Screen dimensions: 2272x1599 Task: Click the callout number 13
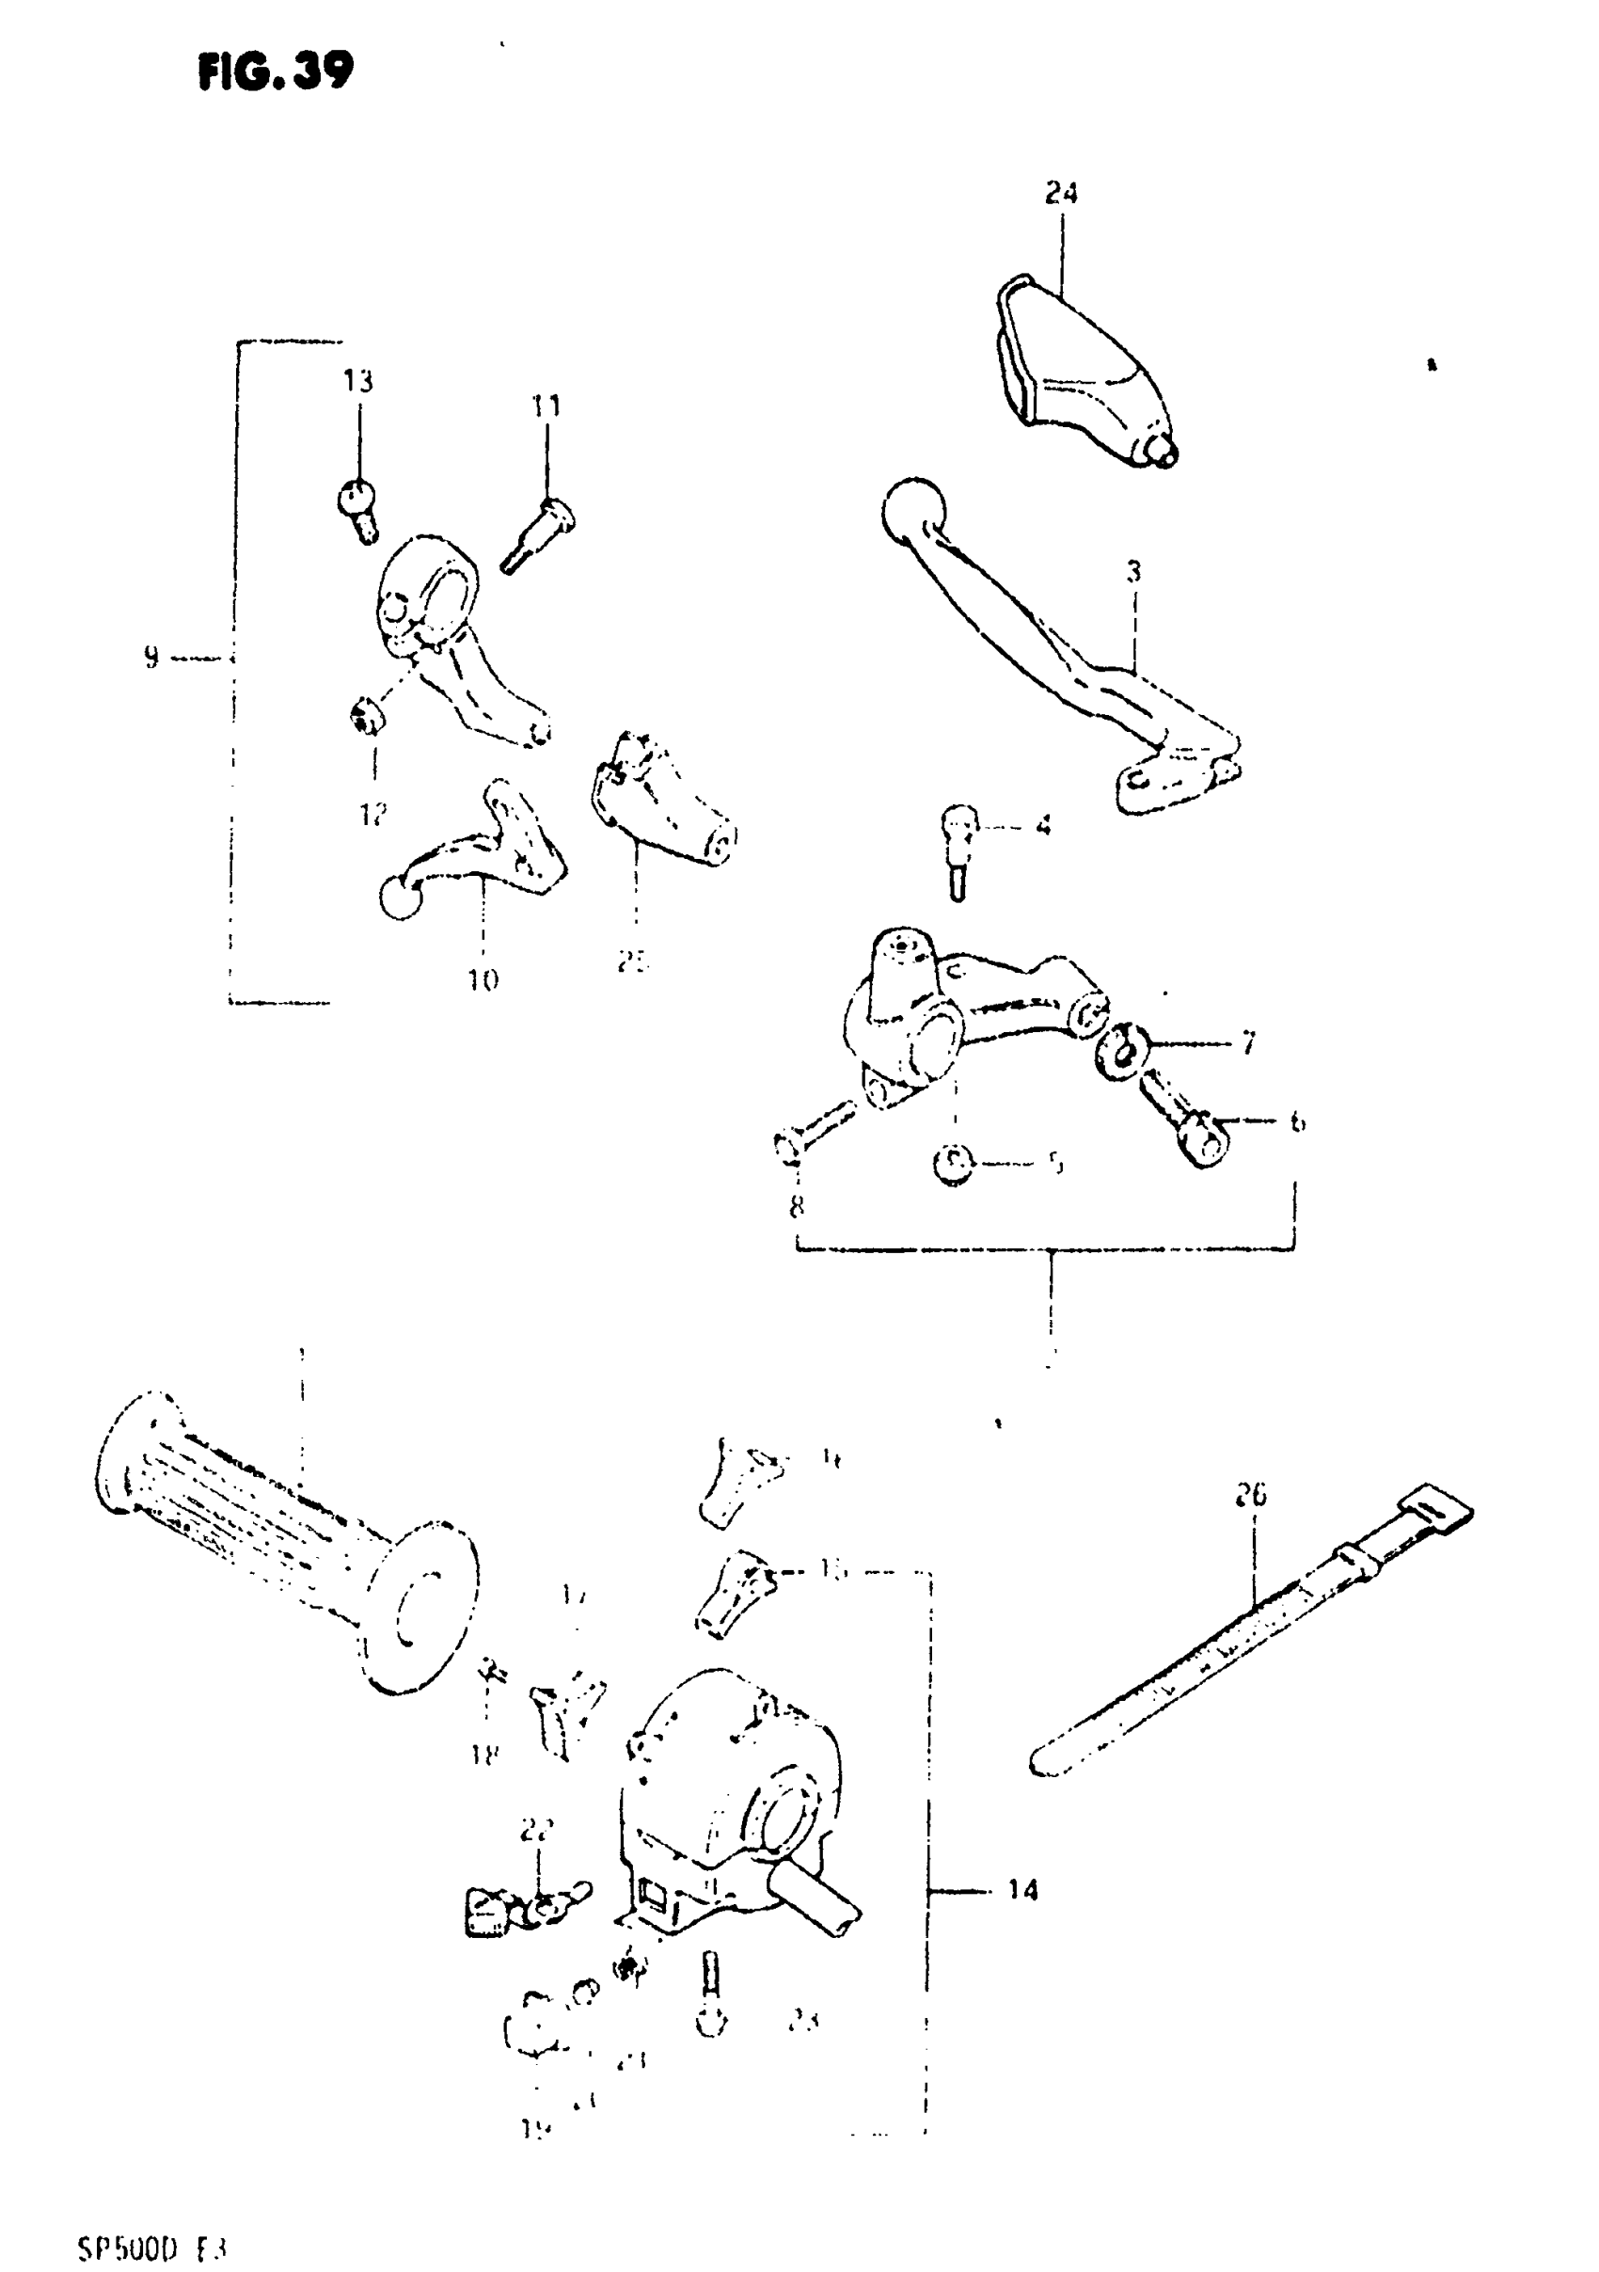pyautogui.click(x=358, y=380)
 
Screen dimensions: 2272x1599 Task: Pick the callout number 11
pyautogui.click(x=546, y=406)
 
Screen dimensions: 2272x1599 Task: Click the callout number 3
pyautogui.click(x=1134, y=571)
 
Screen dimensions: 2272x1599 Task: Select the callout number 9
pyautogui.click(x=150, y=657)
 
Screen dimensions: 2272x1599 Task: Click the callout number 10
pyautogui.click(x=483, y=980)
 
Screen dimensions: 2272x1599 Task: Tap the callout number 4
pyautogui.click(x=1043, y=824)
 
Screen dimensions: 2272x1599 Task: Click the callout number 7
pyautogui.click(x=1248, y=1042)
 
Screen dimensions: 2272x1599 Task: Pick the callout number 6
pyautogui.click(x=1297, y=1121)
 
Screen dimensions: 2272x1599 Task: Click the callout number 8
pyautogui.click(x=797, y=1206)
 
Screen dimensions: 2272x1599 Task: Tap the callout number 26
pyautogui.click(x=1251, y=1495)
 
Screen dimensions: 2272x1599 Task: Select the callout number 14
pyautogui.click(x=1023, y=1890)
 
